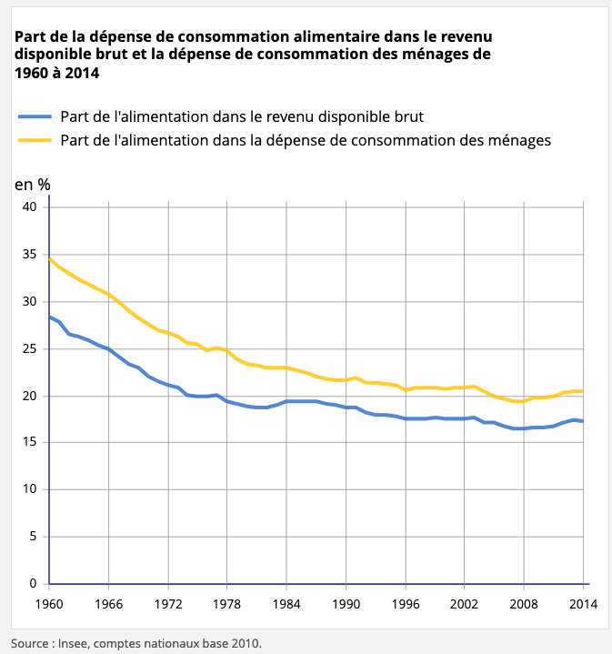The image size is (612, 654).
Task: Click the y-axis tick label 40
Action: click(x=29, y=207)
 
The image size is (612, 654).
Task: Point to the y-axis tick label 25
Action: click(x=29, y=348)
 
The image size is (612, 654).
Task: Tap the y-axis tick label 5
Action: click(x=33, y=537)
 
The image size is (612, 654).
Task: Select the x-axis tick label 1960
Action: click(x=49, y=602)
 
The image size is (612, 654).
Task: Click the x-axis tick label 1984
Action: click(x=286, y=602)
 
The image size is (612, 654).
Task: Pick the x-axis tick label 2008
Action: click(x=524, y=602)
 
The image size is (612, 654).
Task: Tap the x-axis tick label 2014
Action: click(x=582, y=602)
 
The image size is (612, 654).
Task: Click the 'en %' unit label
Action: click(x=33, y=183)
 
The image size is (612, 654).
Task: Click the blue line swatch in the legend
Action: click(x=35, y=116)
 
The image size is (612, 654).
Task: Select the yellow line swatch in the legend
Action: click(x=35, y=140)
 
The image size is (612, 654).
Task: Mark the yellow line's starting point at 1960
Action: click(x=49, y=258)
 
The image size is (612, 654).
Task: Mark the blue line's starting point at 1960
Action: click(x=49, y=317)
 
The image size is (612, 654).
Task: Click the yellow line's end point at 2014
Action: click(x=582, y=391)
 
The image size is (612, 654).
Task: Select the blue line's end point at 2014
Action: click(x=582, y=421)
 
